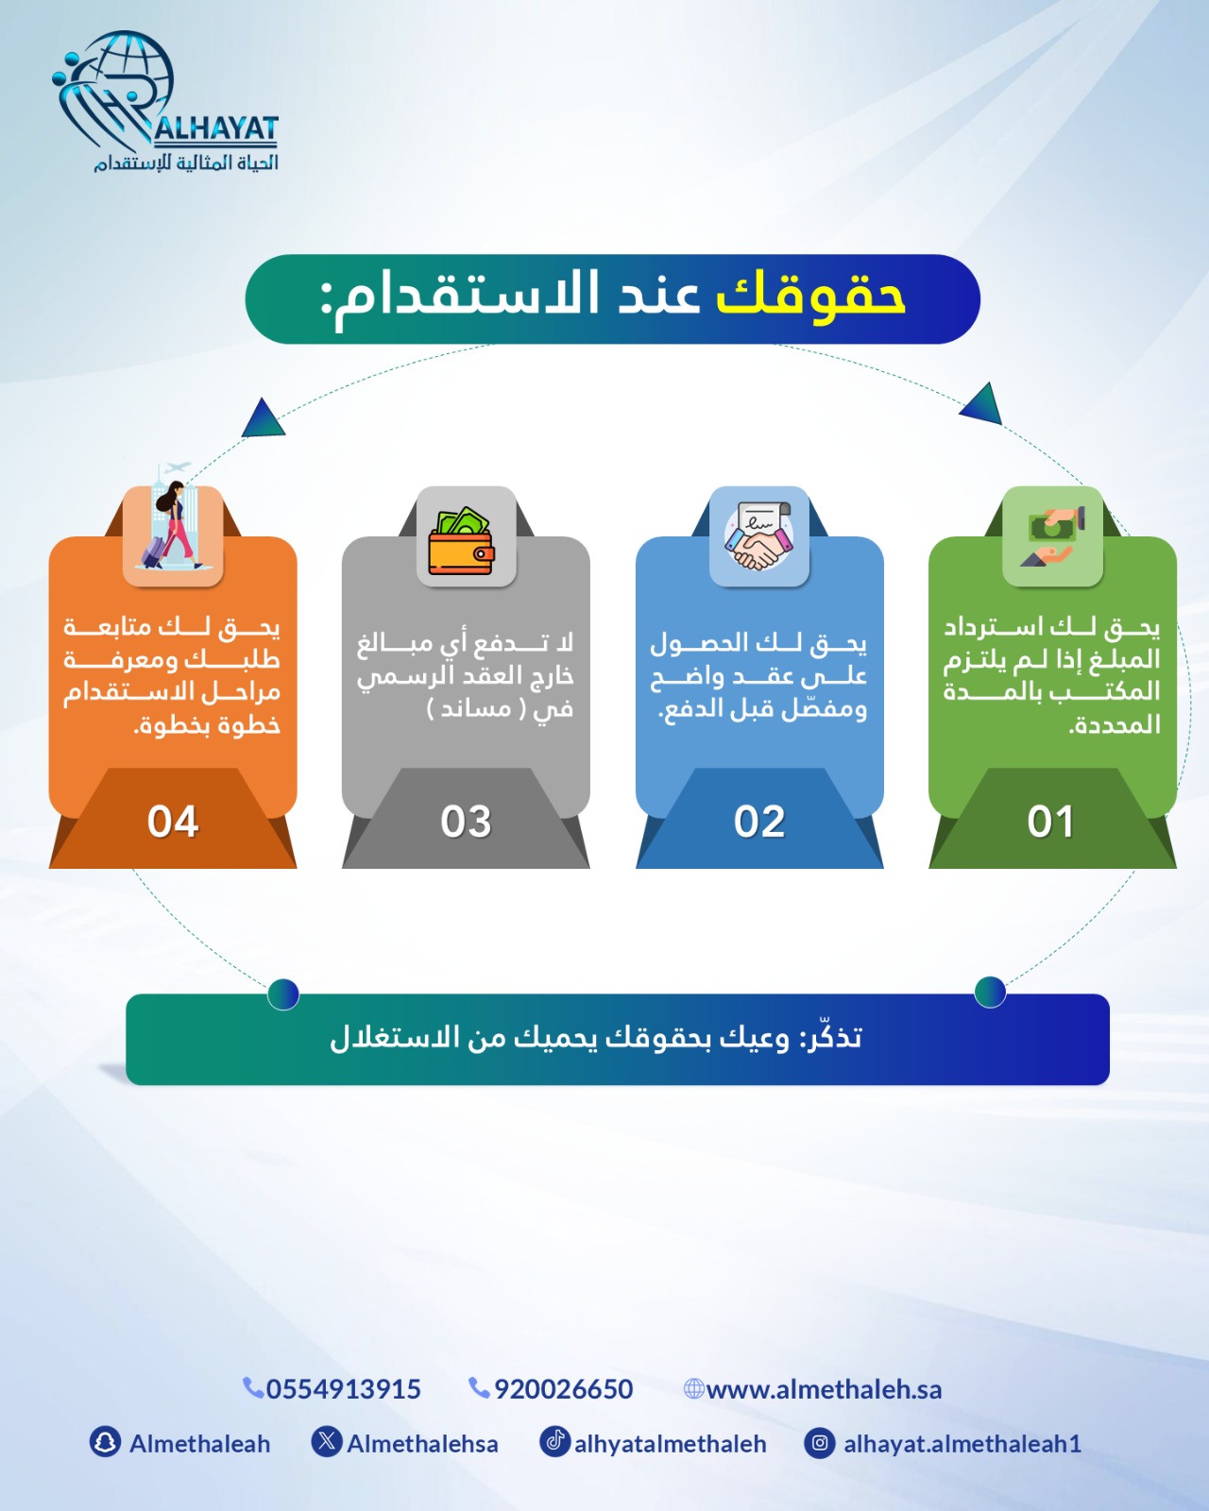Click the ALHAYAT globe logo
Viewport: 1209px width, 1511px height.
[x=165, y=102]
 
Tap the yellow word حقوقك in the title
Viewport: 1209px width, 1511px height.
[x=810, y=297]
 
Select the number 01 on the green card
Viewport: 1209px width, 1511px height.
[x=1051, y=822]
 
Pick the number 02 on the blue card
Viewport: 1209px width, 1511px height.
[x=758, y=822]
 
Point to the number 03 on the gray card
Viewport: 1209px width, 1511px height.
[x=465, y=822]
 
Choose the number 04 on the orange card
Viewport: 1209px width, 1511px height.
[x=172, y=822]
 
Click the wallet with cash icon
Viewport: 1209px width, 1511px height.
[x=462, y=540]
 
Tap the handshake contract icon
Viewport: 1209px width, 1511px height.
[x=758, y=535]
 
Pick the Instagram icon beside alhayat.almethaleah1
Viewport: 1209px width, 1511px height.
[x=819, y=1443]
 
